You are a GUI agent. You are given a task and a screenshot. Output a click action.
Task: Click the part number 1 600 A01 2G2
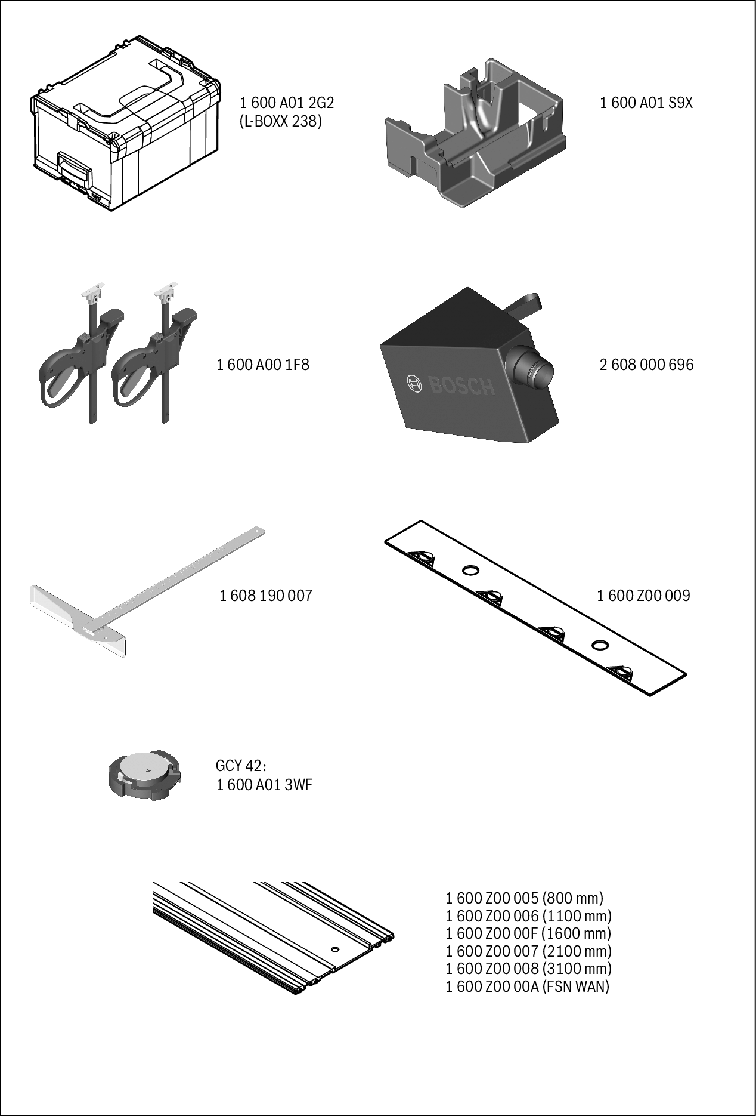[x=287, y=103]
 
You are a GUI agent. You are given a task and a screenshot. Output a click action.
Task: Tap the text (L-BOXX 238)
[x=280, y=122]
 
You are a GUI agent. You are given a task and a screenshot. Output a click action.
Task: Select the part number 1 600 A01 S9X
[x=646, y=103]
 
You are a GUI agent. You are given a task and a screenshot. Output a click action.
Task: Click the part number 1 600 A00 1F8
[x=263, y=365]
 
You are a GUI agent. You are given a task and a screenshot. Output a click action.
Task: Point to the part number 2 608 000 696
[x=646, y=365]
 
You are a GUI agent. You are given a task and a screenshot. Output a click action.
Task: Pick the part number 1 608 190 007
[x=266, y=596]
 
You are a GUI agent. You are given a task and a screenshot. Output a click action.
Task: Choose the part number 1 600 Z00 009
[x=643, y=596]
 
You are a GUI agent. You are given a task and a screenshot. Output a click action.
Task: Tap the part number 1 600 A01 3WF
[x=264, y=785]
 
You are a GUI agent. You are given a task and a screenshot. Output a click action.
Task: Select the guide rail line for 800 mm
[x=525, y=898]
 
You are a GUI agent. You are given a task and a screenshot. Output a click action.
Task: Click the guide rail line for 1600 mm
[x=529, y=933]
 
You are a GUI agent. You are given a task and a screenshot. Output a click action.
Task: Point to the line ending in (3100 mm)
[x=529, y=969]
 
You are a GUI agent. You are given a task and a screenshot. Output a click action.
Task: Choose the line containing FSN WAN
[x=528, y=986]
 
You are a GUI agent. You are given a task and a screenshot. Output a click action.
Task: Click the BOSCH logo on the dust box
[x=451, y=385]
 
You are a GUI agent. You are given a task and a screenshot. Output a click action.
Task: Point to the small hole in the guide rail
[x=334, y=948]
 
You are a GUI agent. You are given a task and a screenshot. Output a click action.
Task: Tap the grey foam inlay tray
[x=475, y=134]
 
